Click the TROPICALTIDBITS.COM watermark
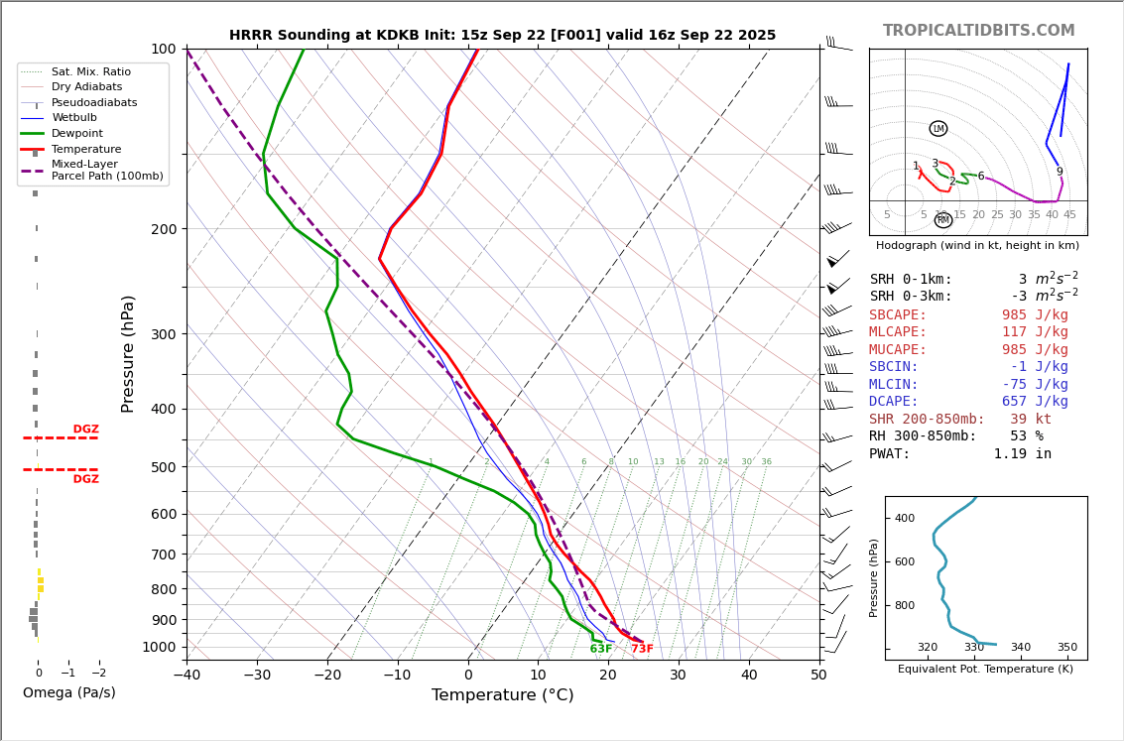(x=978, y=31)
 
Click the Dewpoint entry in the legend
(x=76, y=133)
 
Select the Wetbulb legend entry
(x=73, y=118)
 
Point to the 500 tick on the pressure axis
(x=163, y=467)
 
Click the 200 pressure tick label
(x=163, y=229)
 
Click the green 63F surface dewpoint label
(x=601, y=650)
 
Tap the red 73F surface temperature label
(x=642, y=650)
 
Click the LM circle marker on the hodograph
(x=938, y=129)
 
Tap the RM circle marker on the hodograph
(x=943, y=220)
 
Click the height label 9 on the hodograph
(x=1060, y=172)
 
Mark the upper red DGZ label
(x=85, y=430)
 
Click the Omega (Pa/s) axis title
(x=68, y=693)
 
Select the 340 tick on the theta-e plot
(x=1020, y=648)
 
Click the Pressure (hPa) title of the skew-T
(x=128, y=353)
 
